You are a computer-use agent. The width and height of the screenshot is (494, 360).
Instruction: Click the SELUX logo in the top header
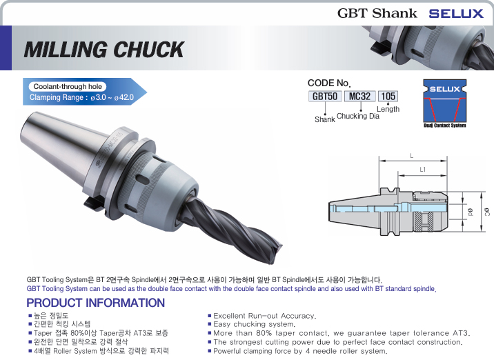(455, 12)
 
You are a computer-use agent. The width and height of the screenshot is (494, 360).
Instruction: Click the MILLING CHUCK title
(103, 50)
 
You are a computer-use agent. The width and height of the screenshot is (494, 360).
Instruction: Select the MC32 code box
(359, 96)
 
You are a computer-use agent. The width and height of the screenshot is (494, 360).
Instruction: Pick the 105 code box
(388, 96)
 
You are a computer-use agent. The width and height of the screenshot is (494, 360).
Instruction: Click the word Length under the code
(388, 109)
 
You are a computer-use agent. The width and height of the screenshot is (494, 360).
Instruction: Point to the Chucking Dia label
(357, 116)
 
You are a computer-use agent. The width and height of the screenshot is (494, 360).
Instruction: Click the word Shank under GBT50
(324, 119)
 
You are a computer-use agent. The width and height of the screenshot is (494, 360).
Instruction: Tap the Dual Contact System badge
(444, 103)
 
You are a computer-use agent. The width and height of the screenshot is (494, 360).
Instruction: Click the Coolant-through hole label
(68, 87)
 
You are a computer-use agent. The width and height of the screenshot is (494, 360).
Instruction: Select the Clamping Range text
(81, 98)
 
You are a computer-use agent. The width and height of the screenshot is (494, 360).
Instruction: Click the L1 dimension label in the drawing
(422, 169)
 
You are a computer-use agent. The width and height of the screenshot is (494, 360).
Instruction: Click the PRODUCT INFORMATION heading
(95, 303)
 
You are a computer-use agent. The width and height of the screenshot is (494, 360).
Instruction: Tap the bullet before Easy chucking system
(209, 324)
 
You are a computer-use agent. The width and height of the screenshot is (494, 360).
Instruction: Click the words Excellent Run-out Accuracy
(264, 316)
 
